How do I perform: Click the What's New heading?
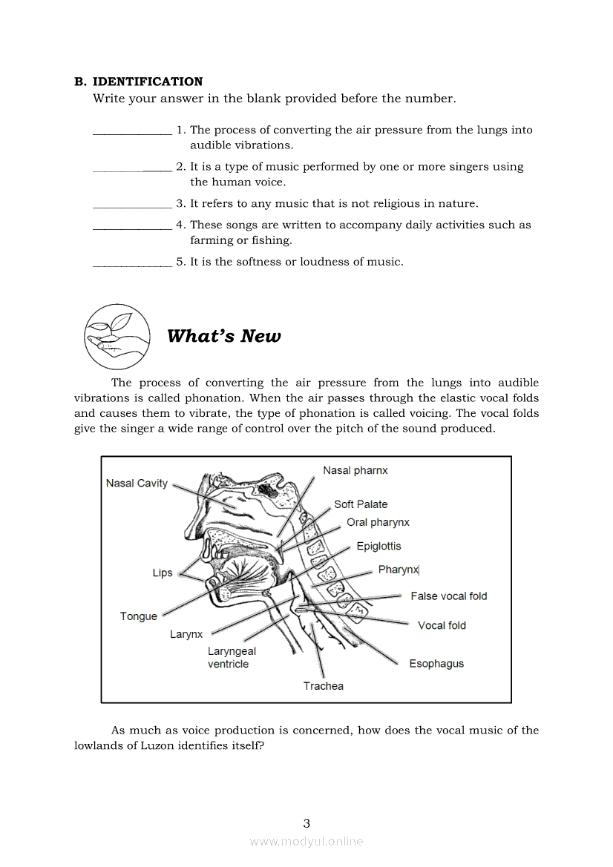tap(224, 336)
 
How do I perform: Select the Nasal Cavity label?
tap(137, 484)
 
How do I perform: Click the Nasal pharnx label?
tap(355, 470)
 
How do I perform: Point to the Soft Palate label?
tap(361, 504)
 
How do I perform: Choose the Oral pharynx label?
tap(378, 522)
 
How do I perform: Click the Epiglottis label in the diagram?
tap(378, 547)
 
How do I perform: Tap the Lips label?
tap(163, 573)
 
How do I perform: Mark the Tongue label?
tap(139, 616)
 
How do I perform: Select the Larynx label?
tap(186, 635)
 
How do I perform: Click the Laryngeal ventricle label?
tap(232, 658)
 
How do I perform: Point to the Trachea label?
tap(324, 686)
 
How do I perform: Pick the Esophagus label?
tap(436, 664)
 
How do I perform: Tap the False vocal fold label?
tap(449, 596)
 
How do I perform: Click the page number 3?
tap(306, 823)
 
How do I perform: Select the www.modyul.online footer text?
tap(306, 841)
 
